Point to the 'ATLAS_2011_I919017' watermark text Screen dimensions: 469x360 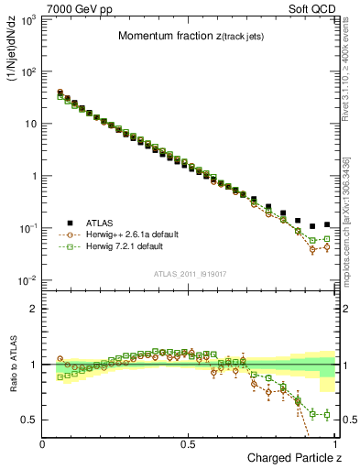point(188,272)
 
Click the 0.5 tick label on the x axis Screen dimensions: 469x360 point(189,443)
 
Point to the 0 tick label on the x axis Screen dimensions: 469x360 point(43,443)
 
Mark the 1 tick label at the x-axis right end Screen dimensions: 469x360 point(335,443)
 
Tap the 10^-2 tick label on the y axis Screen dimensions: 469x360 point(26,280)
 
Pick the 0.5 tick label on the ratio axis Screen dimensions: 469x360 point(27,420)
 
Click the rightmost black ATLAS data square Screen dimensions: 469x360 point(327,224)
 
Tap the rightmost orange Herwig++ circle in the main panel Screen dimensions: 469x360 point(327,246)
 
